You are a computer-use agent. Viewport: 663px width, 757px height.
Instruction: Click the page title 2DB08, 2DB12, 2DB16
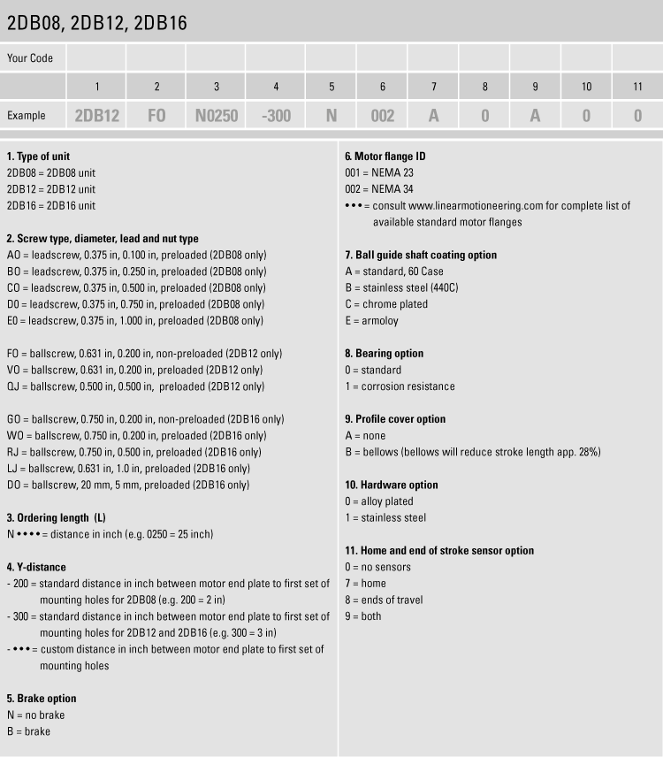(x=96, y=23)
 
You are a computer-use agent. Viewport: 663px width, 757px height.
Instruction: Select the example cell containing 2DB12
(x=96, y=116)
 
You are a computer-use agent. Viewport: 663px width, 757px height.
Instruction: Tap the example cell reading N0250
(x=217, y=116)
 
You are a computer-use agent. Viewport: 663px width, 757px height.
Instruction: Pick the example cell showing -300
(x=276, y=116)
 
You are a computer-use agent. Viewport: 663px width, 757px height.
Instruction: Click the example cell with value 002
(x=382, y=116)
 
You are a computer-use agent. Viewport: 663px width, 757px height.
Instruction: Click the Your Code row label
(x=30, y=58)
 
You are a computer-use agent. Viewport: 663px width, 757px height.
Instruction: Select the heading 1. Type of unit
(x=38, y=157)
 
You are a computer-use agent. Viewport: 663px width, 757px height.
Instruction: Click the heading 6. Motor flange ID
(x=385, y=157)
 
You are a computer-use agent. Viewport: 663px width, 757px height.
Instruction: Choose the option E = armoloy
(x=373, y=320)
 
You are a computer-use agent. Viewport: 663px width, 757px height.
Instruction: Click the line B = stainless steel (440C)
(x=401, y=287)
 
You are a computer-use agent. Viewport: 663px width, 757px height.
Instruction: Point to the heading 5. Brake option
(x=42, y=699)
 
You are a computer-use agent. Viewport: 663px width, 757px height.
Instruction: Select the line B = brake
(x=28, y=731)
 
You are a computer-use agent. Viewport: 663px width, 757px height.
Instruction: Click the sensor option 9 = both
(x=362, y=616)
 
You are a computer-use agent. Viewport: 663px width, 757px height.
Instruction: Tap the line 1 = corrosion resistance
(x=400, y=386)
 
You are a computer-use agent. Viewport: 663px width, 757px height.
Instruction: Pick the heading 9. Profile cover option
(x=395, y=419)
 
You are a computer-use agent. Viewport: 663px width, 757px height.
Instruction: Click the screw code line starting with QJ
(x=135, y=386)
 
